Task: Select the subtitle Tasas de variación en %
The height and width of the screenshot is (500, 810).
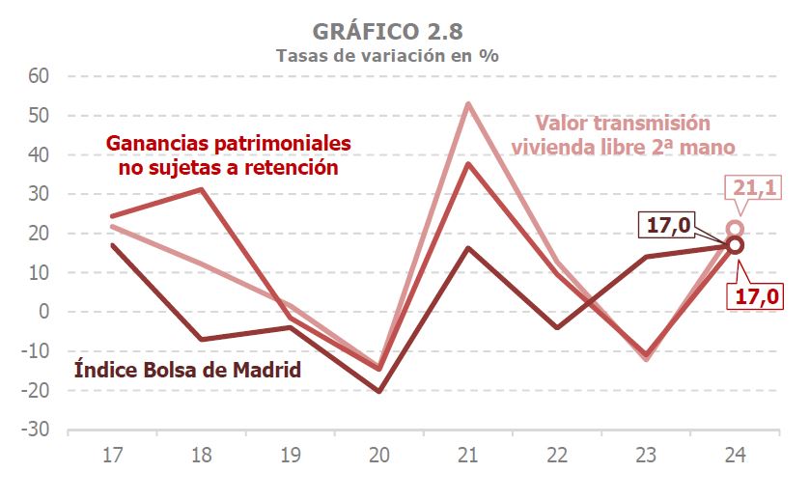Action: click(x=387, y=55)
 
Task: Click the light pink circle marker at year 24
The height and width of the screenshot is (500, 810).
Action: click(x=735, y=229)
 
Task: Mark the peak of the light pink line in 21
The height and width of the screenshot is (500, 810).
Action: click(x=468, y=103)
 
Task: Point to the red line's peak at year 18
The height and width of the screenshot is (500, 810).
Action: click(x=201, y=189)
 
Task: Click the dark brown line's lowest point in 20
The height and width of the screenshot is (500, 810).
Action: click(x=378, y=391)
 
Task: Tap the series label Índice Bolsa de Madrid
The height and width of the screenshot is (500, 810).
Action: click(x=187, y=370)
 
